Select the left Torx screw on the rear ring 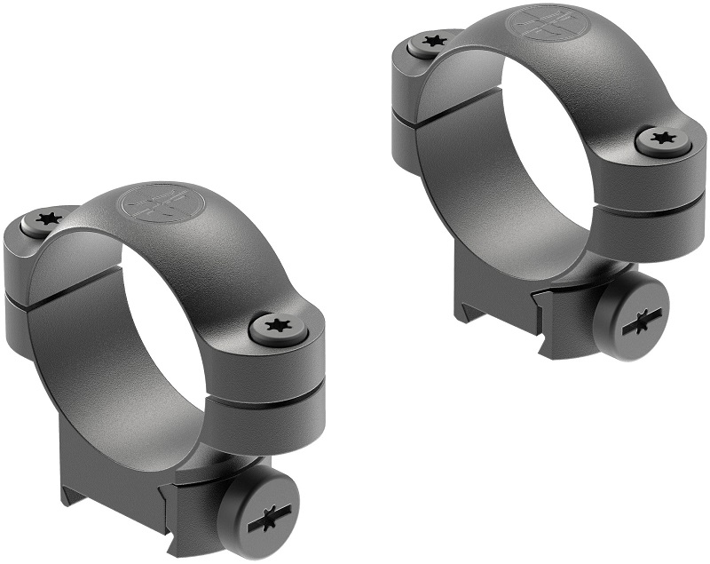(x=433, y=41)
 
